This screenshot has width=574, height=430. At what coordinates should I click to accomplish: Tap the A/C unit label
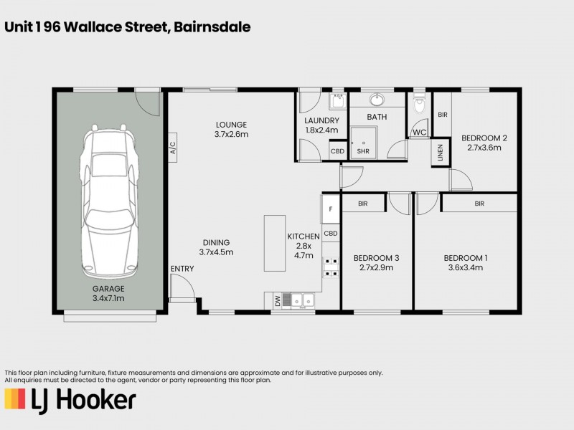pos(172,148)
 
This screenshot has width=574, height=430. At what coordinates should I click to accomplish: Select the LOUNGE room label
pos(230,124)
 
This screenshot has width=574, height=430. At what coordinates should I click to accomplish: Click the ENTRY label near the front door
pos(182,269)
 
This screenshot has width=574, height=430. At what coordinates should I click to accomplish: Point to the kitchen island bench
pos(274,243)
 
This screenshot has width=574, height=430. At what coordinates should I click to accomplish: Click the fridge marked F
pos(330,209)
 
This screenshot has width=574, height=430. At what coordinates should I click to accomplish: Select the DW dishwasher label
pos(278,302)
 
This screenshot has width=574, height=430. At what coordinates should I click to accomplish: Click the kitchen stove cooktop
pos(331,267)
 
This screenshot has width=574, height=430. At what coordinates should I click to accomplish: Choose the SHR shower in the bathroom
pos(363,143)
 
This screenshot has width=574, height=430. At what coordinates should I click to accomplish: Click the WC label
pos(418,132)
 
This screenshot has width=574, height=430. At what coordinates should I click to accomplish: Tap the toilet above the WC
pos(420,106)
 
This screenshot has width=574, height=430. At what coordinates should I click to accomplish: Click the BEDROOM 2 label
pos(484,138)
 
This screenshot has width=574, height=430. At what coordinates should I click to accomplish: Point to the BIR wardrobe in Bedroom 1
pos(479,204)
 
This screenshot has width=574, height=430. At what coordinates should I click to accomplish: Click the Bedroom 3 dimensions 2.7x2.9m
pos(376,268)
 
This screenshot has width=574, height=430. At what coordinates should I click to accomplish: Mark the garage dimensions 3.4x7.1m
pos(108,298)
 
